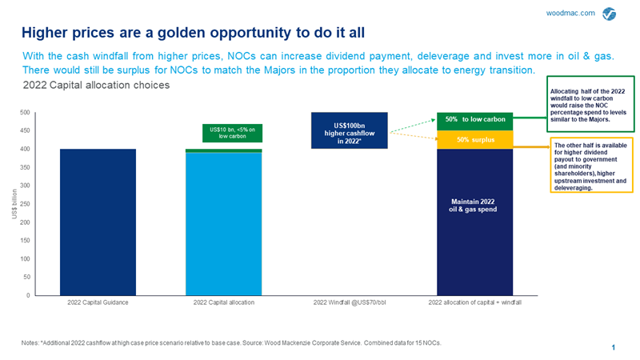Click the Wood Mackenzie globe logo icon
pos(610,13)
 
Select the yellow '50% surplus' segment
pos(474,140)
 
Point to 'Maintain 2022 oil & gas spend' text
pos(474,205)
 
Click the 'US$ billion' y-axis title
pos(14,204)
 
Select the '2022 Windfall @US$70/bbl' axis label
pos(349,304)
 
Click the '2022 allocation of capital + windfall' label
pos(474,304)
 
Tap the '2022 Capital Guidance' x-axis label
pos(98,304)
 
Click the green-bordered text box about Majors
pos(590,105)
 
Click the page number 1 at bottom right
pos(612,347)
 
